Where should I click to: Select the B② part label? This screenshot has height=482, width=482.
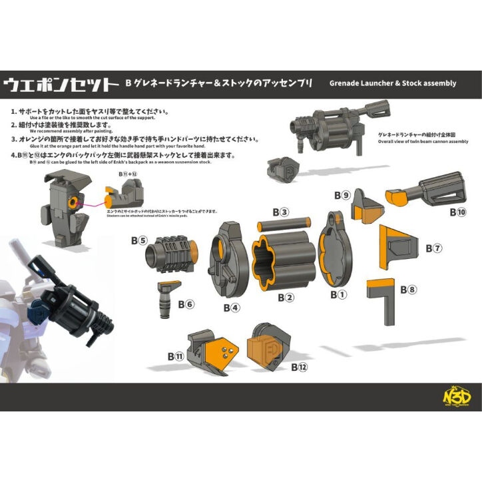[x=286, y=298]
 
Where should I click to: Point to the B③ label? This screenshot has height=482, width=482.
[x=284, y=213]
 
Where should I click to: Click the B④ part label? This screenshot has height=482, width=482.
[x=232, y=308]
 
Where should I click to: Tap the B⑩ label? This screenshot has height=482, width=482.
[x=457, y=212]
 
